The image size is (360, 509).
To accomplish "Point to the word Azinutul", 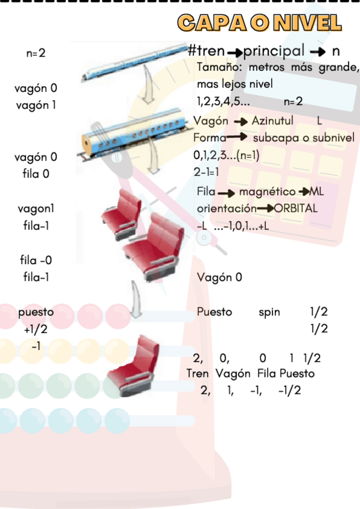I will pos(272,121).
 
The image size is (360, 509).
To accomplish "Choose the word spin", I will pos(269,312).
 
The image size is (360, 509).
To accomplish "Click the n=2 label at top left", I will pos(36,53).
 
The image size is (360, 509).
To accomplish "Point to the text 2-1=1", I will pos(206,172).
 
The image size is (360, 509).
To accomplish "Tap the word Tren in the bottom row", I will pos(197,373).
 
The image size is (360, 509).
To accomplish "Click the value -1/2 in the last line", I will pos(289,390).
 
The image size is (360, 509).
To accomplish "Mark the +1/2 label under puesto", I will pos(35,329).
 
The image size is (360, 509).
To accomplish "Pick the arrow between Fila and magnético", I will pos(226,193).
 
